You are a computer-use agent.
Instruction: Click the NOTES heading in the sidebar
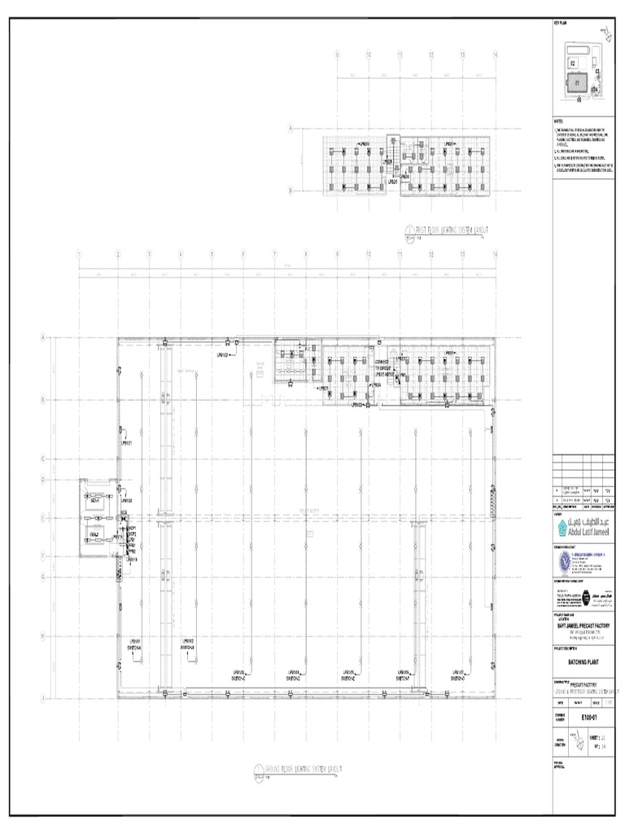[x=558, y=121]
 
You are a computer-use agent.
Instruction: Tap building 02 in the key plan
[x=573, y=62]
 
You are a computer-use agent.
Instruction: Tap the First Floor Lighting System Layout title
[x=448, y=230]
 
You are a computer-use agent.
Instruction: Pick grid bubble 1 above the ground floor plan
[x=79, y=254]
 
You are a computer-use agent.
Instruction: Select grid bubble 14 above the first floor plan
[x=495, y=54]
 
